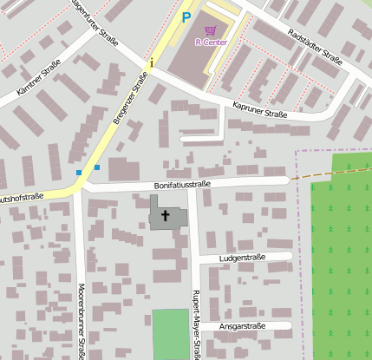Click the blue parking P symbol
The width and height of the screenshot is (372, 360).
(186, 16)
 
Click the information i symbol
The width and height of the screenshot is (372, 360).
(152, 62)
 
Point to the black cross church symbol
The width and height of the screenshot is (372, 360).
(166, 214)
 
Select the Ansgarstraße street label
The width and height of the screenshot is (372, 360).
(242, 327)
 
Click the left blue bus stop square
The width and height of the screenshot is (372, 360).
(79, 173)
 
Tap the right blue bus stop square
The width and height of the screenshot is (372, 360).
(97, 167)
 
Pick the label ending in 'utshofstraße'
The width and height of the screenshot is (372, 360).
(22, 198)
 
